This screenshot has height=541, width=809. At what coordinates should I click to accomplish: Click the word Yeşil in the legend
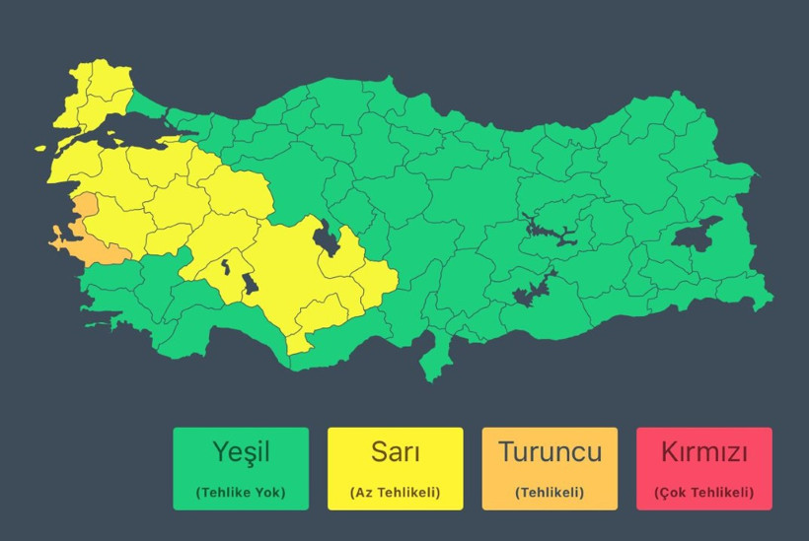[x=241, y=452]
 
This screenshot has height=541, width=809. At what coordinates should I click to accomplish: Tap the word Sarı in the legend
[x=395, y=452]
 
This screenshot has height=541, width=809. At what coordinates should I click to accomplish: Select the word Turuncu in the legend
[x=550, y=452]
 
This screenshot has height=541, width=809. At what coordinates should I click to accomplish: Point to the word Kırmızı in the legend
[x=703, y=452]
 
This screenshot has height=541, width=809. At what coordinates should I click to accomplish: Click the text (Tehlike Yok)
[x=241, y=492]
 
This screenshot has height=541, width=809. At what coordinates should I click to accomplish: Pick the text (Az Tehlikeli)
[x=395, y=492]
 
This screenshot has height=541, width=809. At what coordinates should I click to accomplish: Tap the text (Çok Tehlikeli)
[x=703, y=492]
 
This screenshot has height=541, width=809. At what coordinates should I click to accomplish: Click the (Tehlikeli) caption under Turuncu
[x=550, y=492]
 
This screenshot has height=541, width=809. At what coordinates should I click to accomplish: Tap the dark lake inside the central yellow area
[x=324, y=237]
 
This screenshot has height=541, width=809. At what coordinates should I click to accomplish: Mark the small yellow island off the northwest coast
[x=42, y=149]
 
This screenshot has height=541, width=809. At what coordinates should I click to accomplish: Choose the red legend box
[x=703, y=468]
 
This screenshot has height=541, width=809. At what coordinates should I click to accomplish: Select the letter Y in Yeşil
[x=221, y=452]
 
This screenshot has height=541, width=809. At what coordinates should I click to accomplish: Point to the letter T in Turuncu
[x=506, y=452]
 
